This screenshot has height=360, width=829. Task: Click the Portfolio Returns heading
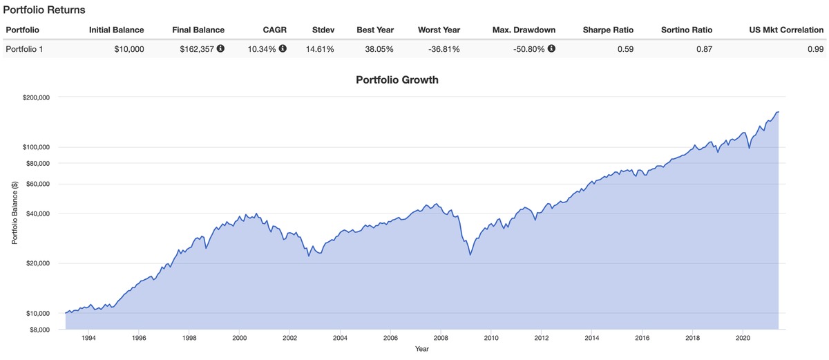(x=44, y=10)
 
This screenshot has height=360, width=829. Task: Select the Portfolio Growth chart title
(x=397, y=79)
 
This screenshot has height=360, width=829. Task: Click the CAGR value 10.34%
(x=262, y=49)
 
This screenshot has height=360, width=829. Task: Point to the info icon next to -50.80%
(x=551, y=49)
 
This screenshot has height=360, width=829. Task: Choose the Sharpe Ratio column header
(x=608, y=30)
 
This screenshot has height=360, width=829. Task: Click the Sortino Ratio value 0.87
(x=704, y=49)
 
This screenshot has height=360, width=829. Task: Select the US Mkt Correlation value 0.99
(x=815, y=49)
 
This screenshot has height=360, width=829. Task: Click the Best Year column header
(x=375, y=30)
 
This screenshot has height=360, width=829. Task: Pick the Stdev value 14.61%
(x=319, y=49)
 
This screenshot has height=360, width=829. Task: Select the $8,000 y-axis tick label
(x=39, y=330)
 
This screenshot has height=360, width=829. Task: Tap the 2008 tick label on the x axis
(x=441, y=338)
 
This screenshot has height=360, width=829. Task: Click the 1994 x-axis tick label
(x=88, y=338)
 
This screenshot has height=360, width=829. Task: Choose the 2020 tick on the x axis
(x=743, y=338)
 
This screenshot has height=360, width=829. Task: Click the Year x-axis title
(x=421, y=349)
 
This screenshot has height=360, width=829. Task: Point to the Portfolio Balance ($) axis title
(x=14, y=213)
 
